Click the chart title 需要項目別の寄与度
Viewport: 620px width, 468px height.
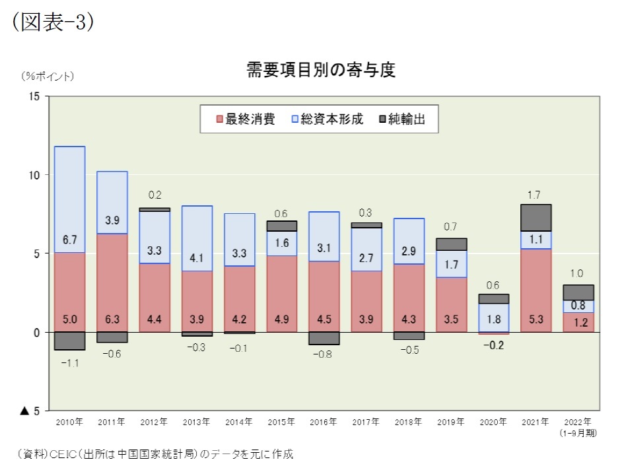coord(321,70)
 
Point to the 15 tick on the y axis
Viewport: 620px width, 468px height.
coord(34,96)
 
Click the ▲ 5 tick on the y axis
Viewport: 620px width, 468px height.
coord(30,411)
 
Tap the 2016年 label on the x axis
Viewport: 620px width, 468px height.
coord(324,421)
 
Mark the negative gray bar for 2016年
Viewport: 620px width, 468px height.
coord(324,338)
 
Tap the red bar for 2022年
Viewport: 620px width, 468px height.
coord(578,322)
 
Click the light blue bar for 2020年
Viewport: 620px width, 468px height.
coord(493,318)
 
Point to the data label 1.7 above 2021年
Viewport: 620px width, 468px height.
coord(535,195)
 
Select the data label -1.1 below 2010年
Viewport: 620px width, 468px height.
coord(69,362)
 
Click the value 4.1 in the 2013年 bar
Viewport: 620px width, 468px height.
coord(197,259)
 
